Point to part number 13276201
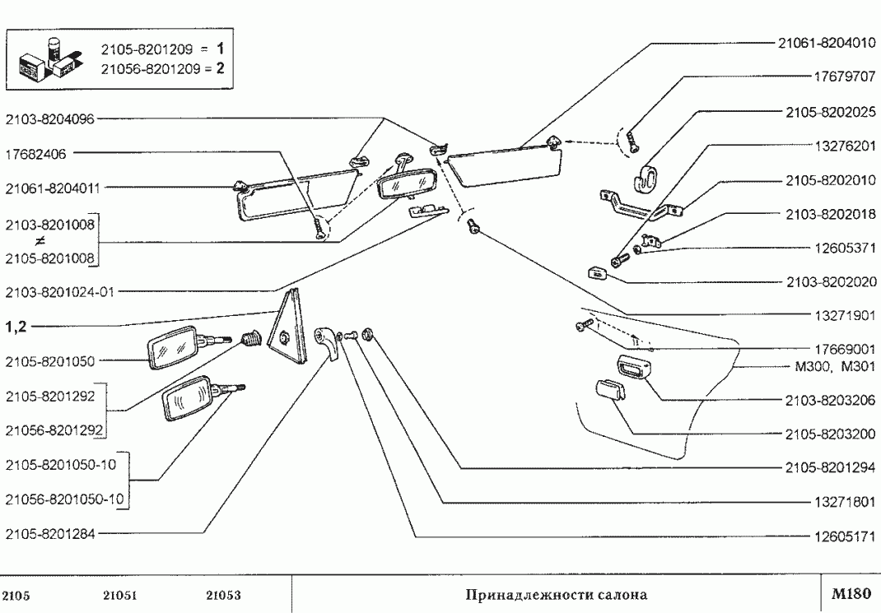click(844, 145)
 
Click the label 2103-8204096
click(49, 119)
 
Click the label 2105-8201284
click(49, 533)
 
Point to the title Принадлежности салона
click(557, 594)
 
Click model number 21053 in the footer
click(223, 595)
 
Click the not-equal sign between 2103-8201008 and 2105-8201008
click(39, 242)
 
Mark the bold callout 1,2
click(16, 327)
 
